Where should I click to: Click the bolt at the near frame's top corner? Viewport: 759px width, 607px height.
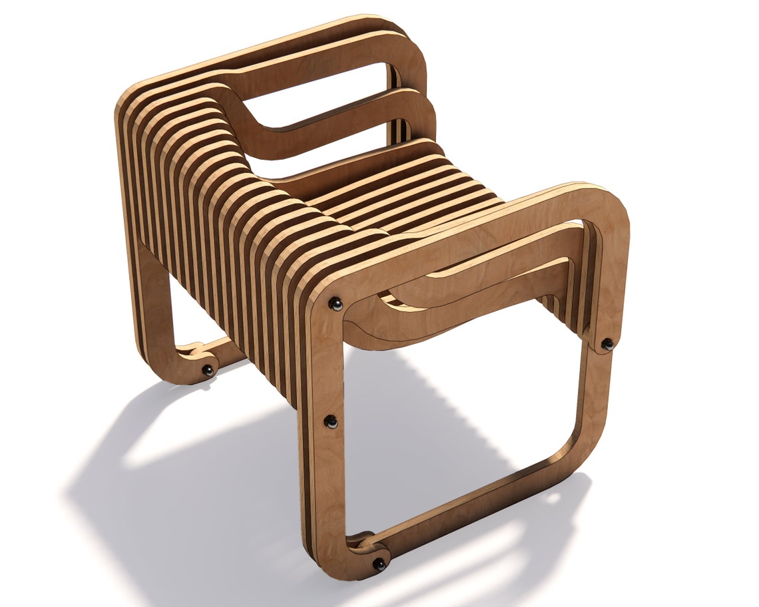click(x=336, y=304)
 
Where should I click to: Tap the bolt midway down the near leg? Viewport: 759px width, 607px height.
click(x=331, y=421)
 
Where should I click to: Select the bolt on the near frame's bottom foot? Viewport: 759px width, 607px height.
click(x=379, y=564)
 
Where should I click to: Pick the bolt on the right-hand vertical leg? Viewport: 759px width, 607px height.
click(x=607, y=344)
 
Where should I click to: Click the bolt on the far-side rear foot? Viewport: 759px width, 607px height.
click(x=208, y=370)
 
